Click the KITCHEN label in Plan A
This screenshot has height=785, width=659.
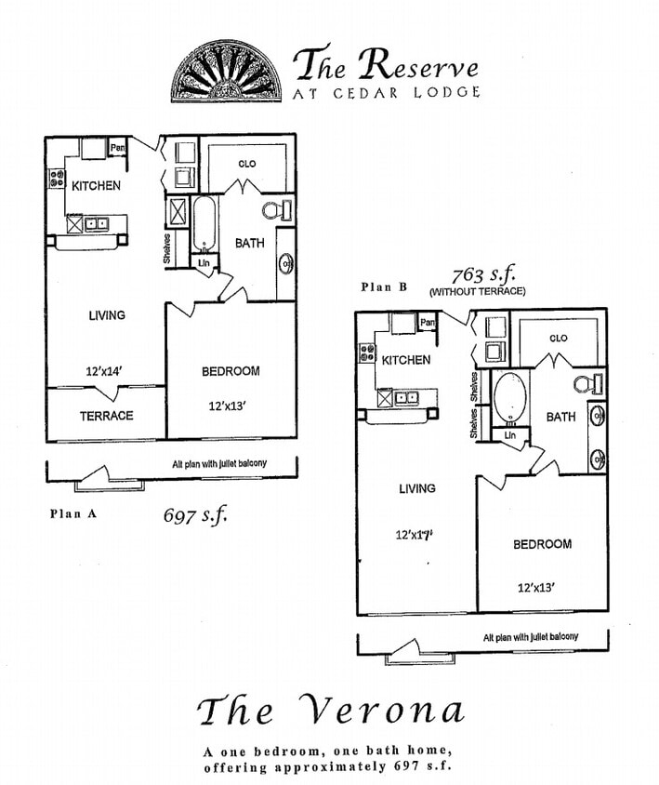[x=96, y=186]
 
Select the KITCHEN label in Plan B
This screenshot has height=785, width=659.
[x=406, y=360]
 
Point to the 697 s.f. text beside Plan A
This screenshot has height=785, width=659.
[x=194, y=513]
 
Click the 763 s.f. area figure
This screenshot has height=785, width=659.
[x=483, y=275]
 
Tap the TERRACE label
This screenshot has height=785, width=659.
[x=106, y=416]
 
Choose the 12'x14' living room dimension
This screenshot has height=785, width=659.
[x=105, y=371]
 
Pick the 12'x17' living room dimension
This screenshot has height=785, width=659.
[x=415, y=535]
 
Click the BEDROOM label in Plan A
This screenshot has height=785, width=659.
[x=231, y=371]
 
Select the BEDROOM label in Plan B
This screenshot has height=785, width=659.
[x=542, y=544]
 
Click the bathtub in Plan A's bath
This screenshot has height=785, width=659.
[x=204, y=224]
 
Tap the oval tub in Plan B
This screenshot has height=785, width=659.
[x=507, y=398]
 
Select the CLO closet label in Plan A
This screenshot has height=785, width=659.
[x=246, y=164]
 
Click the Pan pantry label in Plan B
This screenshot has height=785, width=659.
[x=428, y=323]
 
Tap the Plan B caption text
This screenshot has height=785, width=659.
[x=385, y=287]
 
